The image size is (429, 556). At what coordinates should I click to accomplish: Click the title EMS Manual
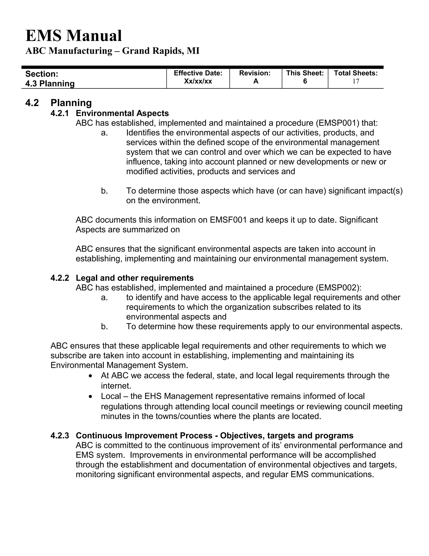[x=74, y=36]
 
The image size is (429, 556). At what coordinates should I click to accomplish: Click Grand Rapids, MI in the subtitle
[x=161, y=51]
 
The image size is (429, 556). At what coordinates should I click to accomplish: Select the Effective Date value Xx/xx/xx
[x=198, y=81]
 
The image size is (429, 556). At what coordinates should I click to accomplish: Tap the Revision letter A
[x=256, y=81]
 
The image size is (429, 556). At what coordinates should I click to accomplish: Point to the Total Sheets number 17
[x=356, y=81]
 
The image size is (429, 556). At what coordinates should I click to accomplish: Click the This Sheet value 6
[x=305, y=81]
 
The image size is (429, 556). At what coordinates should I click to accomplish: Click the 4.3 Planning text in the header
[x=50, y=84]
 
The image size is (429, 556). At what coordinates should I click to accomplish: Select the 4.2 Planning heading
[x=58, y=103]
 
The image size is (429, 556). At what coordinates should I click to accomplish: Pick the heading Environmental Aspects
[x=122, y=113]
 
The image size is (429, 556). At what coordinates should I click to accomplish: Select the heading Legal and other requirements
[x=135, y=278]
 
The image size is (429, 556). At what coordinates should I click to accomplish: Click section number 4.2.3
[x=60, y=436]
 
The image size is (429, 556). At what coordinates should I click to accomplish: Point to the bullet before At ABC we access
[x=90, y=376]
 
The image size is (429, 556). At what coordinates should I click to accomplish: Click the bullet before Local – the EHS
[x=90, y=397]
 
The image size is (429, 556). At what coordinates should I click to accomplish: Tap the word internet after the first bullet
[x=116, y=386]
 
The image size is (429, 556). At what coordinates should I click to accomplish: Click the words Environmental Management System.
[x=119, y=365]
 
